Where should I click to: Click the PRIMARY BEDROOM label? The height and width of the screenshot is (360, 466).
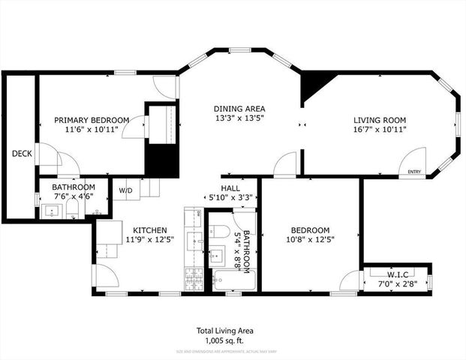coord(92,120)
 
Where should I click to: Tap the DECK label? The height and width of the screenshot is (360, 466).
coord(20,154)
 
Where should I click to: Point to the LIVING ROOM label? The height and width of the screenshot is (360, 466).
coord(380,120)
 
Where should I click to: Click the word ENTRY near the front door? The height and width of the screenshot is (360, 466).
coord(414,172)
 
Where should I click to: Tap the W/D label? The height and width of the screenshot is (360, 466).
coord(125,190)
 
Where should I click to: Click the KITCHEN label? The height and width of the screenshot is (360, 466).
coord(150,230)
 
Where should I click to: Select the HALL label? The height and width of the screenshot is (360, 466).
coord(230,188)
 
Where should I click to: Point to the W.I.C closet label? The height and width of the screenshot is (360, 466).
coord(397,274)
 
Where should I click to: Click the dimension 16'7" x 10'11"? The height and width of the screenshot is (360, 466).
coord(380,130)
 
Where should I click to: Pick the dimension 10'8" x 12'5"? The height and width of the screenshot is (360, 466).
coord(310,240)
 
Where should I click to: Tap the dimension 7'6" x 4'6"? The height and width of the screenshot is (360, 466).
coord(74,197)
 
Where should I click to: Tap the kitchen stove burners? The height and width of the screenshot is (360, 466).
coord(192,277)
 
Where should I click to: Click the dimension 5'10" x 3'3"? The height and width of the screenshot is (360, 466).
coord(230,198)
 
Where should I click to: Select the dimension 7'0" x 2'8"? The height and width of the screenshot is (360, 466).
coord(397,284)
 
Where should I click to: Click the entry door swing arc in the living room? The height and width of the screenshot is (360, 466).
coord(415,159)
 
